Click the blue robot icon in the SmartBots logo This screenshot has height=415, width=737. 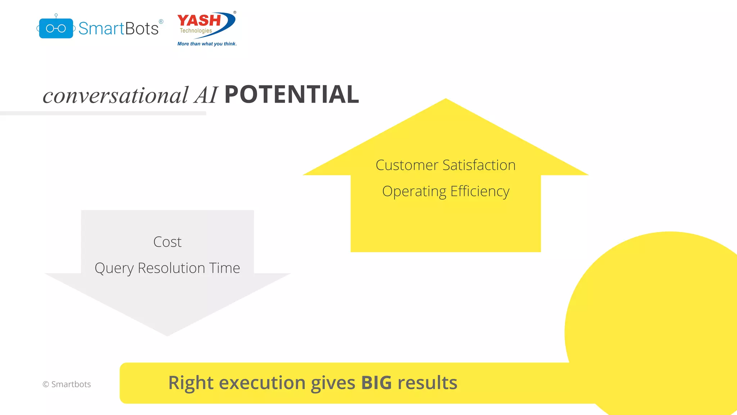tap(56, 28)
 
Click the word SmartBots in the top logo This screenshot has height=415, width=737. tap(118, 28)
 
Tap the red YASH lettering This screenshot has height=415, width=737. tap(199, 21)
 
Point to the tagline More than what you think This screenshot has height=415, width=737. tap(207, 44)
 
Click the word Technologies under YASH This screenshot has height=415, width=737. tap(196, 31)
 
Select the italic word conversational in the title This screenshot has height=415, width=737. tap(116, 95)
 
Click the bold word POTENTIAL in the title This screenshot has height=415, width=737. tap(291, 95)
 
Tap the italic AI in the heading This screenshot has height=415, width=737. tap(206, 95)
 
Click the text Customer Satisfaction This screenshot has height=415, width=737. tap(446, 165)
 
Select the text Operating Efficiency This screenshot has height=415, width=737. tap(446, 191)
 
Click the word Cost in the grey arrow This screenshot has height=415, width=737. tap(167, 242)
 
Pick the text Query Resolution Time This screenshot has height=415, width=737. tap(167, 268)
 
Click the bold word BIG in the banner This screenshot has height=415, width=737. tap(376, 383)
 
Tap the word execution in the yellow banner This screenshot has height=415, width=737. tap(262, 383)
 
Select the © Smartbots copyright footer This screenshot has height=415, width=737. tap(67, 384)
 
